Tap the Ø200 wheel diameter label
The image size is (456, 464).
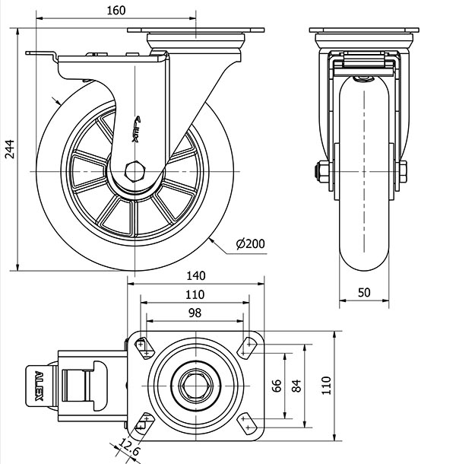pos(250,244)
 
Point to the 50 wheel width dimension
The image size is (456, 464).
pos(364,291)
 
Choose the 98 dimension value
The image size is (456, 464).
pos(195,313)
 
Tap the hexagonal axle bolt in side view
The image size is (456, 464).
pos(135,170)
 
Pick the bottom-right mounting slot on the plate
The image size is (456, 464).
pos(247,421)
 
